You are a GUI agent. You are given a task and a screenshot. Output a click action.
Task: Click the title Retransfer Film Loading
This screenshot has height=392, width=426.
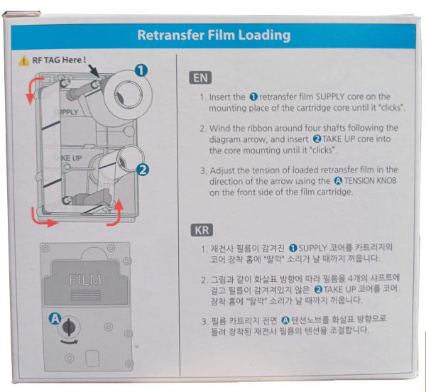pos(213,35)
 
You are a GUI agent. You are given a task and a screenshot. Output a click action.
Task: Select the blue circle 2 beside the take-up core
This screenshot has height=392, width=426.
pos(143,170)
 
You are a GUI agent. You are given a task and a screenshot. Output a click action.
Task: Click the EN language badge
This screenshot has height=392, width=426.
pos(201,77)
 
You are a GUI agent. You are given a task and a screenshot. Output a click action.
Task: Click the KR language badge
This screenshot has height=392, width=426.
pos(201,229)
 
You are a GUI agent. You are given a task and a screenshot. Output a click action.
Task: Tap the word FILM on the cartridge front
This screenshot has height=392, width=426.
pos(85,280)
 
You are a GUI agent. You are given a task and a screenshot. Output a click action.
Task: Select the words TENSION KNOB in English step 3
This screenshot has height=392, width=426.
pos(366,181)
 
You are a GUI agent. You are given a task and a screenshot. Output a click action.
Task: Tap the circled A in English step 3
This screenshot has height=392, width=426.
pos(339,181)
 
